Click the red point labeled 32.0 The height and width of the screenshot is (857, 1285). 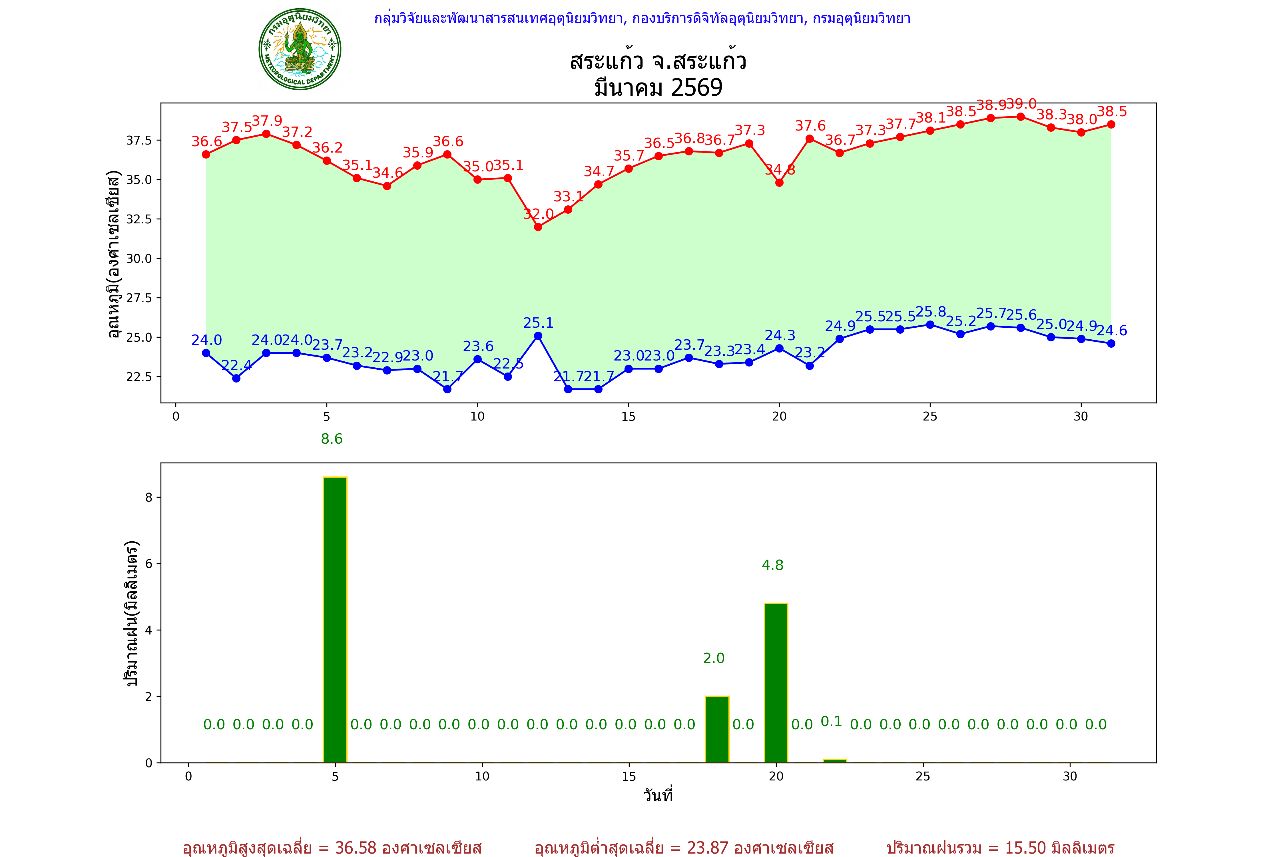point(538,227)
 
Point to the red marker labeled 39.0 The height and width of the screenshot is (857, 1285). point(1021,117)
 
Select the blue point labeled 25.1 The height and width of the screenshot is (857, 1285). point(538,336)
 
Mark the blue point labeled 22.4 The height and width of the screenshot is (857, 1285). point(236,378)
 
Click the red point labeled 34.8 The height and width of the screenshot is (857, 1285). point(780,183)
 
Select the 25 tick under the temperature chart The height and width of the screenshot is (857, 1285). point(930,417)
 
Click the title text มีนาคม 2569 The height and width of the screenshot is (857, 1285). point(658,87)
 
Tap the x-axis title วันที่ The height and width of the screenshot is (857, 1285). point(658,795)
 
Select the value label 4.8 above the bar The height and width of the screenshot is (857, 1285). point(772,565)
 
